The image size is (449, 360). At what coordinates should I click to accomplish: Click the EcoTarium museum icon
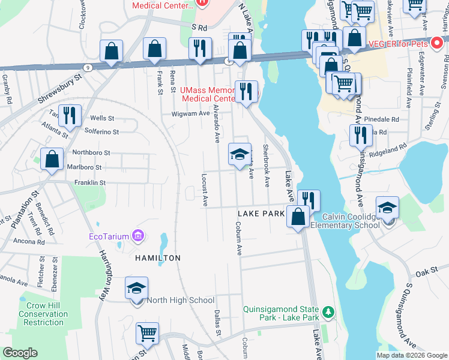point(139,236)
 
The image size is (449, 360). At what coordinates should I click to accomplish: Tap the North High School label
point(181,300)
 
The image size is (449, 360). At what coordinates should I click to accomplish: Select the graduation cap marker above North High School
point(137,289)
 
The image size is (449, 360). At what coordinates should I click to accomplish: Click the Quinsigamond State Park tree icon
point(328,312)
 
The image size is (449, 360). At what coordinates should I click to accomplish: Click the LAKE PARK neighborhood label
point(261,214)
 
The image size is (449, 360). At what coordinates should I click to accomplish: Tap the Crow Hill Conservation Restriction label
point(43,314)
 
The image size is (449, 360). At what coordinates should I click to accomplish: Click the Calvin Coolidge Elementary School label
point(351,221)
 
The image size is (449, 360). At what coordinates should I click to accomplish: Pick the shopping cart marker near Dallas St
point(148,333)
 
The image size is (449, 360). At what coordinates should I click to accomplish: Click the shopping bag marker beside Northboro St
point(52,160)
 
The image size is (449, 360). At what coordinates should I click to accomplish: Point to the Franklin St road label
point(90,182)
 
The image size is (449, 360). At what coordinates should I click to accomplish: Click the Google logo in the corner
point(20,353)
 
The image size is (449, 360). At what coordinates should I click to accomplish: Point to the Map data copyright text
point(412,355)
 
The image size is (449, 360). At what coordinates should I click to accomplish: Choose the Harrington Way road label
point(103,275)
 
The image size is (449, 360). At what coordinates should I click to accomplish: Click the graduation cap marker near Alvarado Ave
point(239,155)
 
